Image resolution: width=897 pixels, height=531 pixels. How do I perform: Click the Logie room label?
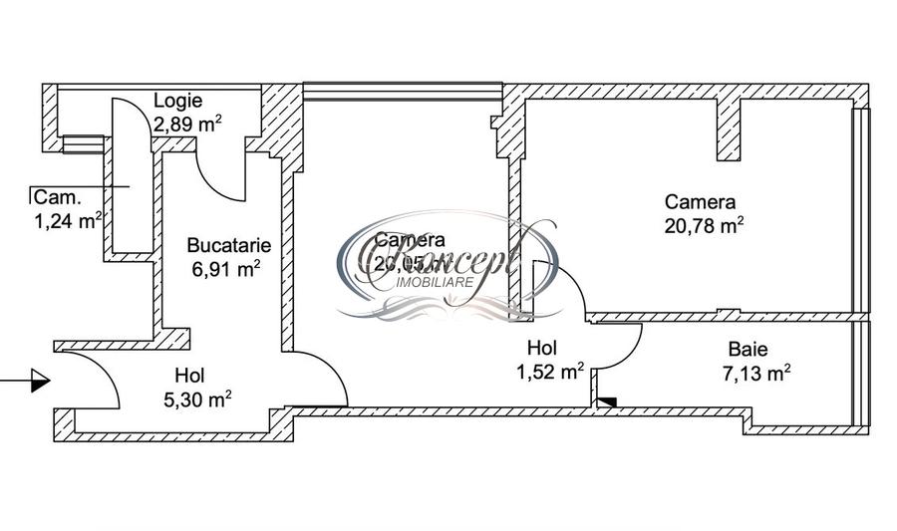178,101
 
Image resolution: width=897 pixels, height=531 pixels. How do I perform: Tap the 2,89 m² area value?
186,124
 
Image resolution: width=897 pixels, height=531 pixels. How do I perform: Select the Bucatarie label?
228,244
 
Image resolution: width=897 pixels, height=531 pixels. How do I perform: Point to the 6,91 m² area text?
226,268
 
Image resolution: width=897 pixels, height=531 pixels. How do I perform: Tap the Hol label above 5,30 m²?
189,376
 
